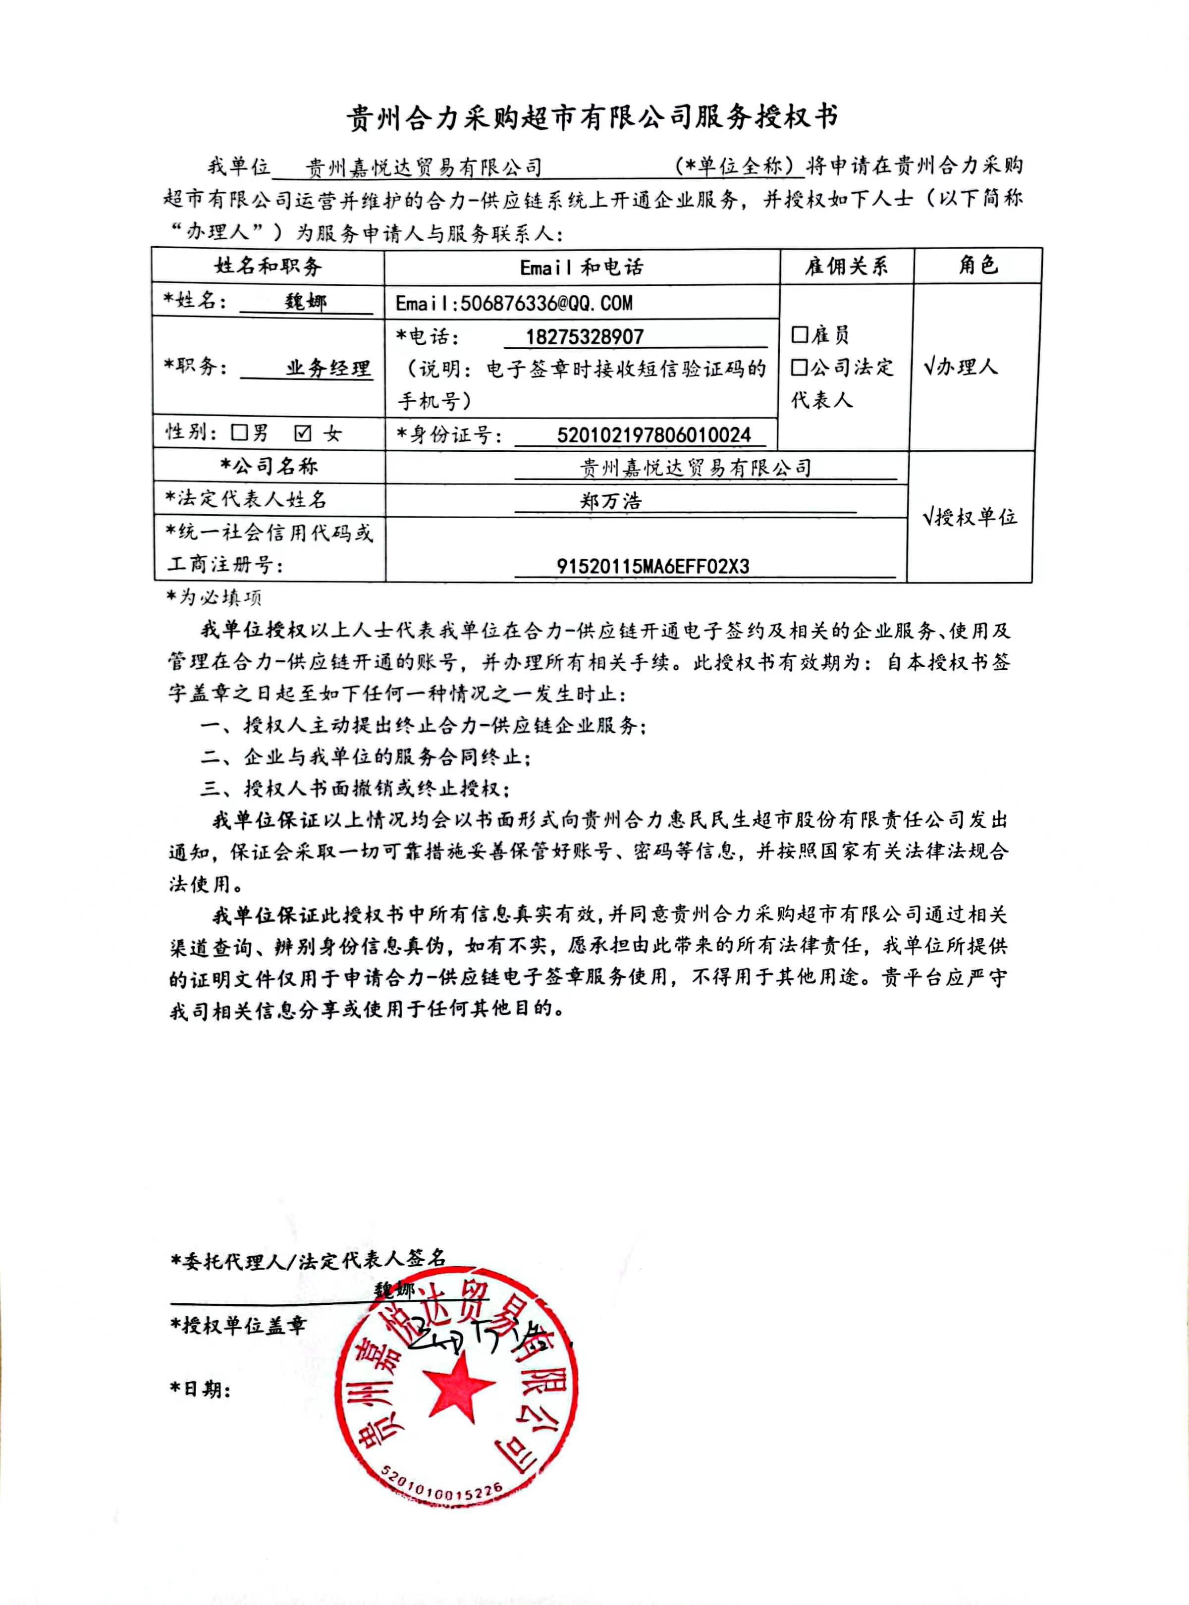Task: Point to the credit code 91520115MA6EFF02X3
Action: click(652, 566)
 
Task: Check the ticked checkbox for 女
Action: click(303, 432)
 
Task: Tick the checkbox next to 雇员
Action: click(799, 335)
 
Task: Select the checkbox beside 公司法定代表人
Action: click(799, 368)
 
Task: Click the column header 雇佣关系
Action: click(846, 267)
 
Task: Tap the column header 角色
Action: click(977, 265)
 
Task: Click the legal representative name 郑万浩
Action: click(610, 501)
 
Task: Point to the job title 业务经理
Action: click(328, 369)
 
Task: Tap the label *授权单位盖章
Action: click(238, 1326)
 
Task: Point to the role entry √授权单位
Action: click(970, 517)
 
